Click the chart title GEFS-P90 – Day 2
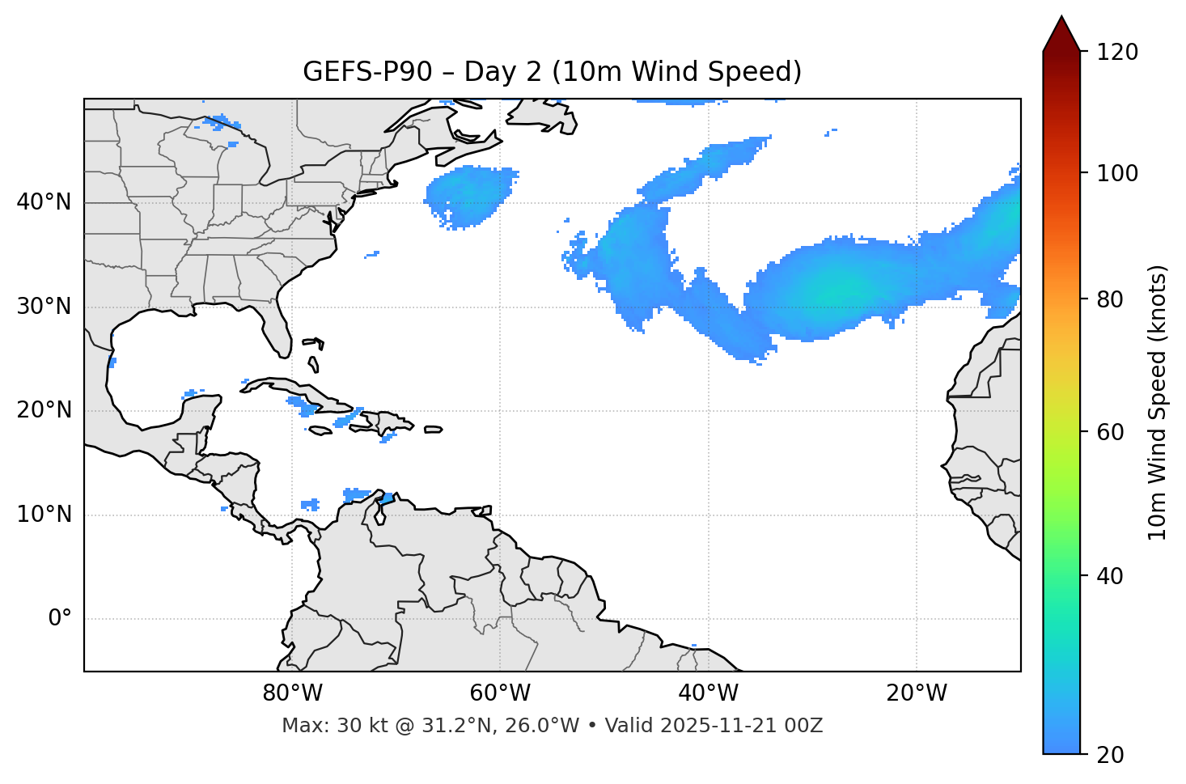pyautogui.click(x=552, y=72)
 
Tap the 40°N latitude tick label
pyautogui.click(x=44, y=202)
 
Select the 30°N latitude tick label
pyautogui.click(x=44, y=307)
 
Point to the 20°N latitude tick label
pyautogui.click(x=44, y=410)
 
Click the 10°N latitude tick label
pyautogui.click(x=44, y=515)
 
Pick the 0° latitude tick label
pyautogui.click(x=60, y=619)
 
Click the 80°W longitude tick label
pyautogui.click(x=292, y=693)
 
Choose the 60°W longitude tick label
pyautogui.click(x=500, y=693)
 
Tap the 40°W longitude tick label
pyautogui.click(x=709, y=693)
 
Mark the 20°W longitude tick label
pyautogui.click(x=917, y=693)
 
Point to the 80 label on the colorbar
pyautogui.click(x=1113, y=299)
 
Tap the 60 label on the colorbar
pyautogui.click(x=1113, y=432)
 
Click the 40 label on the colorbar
pyautogui.click(x=1113, y=576)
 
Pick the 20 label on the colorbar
pyautogui.click(x=1113, y=755)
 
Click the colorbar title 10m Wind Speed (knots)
pyautogui.click(x=1158, y=402)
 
